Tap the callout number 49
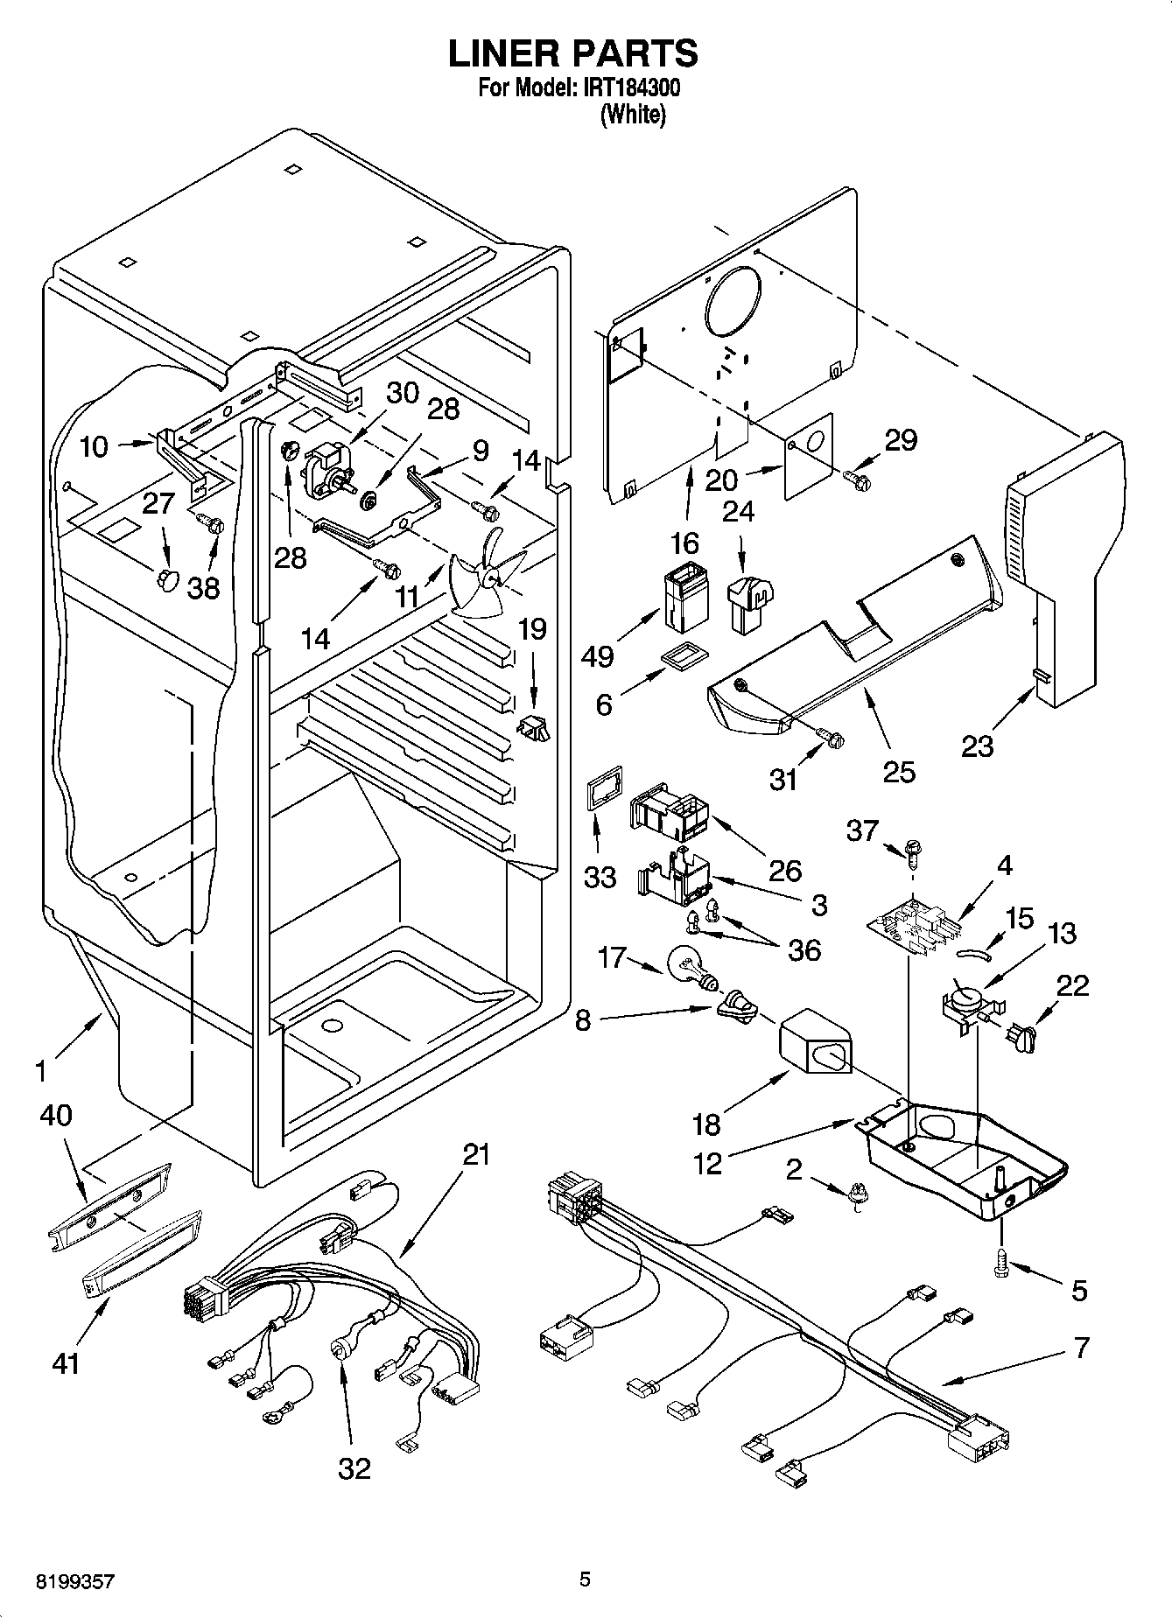598,656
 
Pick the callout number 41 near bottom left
65,1362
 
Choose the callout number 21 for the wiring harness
476,1157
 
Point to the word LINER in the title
503,53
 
